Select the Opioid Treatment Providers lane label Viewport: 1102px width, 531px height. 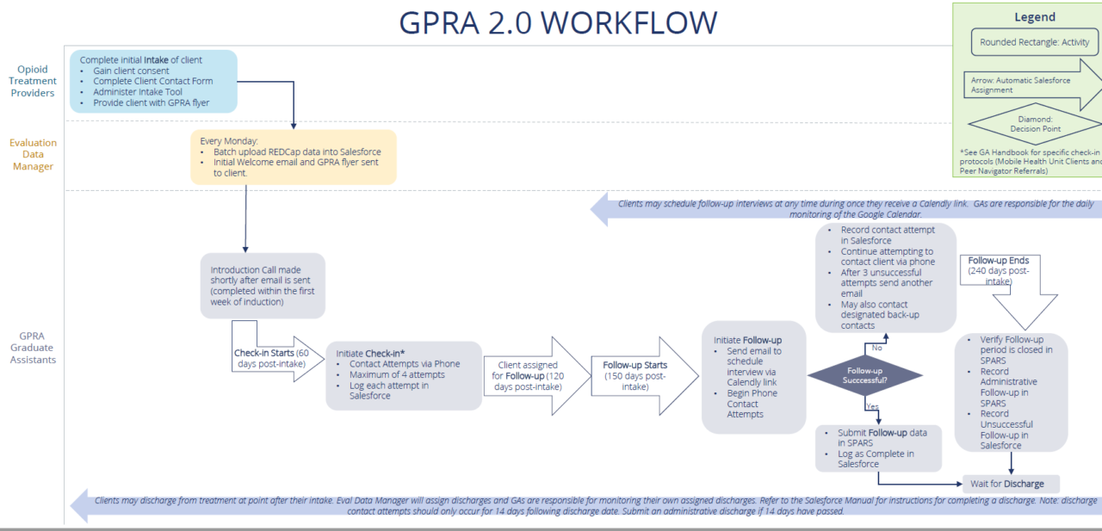33,81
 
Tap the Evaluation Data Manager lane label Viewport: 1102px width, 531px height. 33,154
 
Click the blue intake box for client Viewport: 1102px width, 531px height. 153,82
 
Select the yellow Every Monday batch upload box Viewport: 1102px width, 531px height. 293,157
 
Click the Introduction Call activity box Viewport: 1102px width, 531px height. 263,286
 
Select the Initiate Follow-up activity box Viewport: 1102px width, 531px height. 753,377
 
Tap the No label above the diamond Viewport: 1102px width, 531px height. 877,348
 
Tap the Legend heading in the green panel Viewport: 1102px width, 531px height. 1035,17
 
